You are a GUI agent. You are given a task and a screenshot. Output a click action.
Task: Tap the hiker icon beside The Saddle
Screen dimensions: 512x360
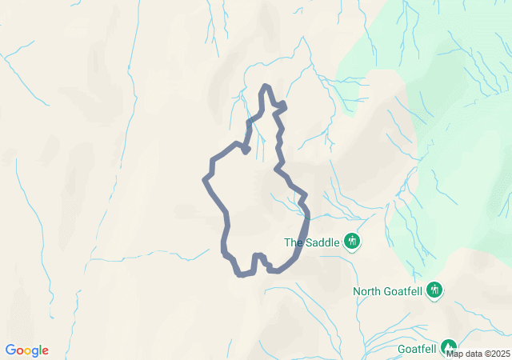(352, 241)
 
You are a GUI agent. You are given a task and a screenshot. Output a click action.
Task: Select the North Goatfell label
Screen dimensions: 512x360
(389, 291)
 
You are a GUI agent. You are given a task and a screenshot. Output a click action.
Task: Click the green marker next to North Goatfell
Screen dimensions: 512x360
(434, 290)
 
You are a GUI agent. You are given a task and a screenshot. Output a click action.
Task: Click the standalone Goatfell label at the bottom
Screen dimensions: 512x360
(417, 349)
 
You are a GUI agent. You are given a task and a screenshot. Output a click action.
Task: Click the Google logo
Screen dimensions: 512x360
(26, 350)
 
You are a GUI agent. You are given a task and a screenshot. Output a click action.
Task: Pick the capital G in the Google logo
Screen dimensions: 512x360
(10, 350)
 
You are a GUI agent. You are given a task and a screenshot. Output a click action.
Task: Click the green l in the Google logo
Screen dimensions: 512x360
(41, 350)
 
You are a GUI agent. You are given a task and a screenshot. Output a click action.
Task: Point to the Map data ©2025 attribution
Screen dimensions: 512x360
(478, 354)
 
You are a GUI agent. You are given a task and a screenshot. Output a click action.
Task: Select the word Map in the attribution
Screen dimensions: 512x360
(454, 354)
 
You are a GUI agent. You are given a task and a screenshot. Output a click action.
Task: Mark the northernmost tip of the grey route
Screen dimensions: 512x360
(266, 86)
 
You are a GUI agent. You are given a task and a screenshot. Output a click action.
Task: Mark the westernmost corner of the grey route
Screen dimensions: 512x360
(205, 178)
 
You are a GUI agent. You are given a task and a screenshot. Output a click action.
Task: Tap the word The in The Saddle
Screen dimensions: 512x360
(294, 242)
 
